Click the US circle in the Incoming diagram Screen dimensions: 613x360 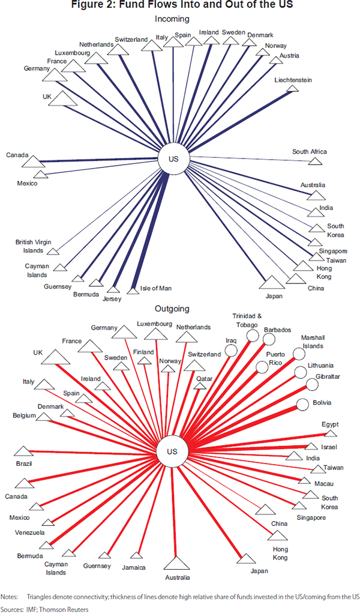click(172, 160)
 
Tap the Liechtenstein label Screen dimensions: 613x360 click(293, 80)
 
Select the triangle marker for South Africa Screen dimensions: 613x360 click(315, 161)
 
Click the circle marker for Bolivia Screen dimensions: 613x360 click(302, 403)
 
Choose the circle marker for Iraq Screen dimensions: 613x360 click(231, 351)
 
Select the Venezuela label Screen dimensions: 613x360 click(29, 533)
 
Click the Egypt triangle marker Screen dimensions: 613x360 click(330, 432)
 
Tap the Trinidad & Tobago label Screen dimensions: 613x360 click(248, 320)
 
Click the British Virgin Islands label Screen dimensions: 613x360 click(29, 246)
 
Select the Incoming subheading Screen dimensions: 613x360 click(172, 19)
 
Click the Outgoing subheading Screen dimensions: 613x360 click(172, 309)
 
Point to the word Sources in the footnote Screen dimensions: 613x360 click(11, 608)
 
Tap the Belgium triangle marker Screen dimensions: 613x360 click(44, 415)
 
